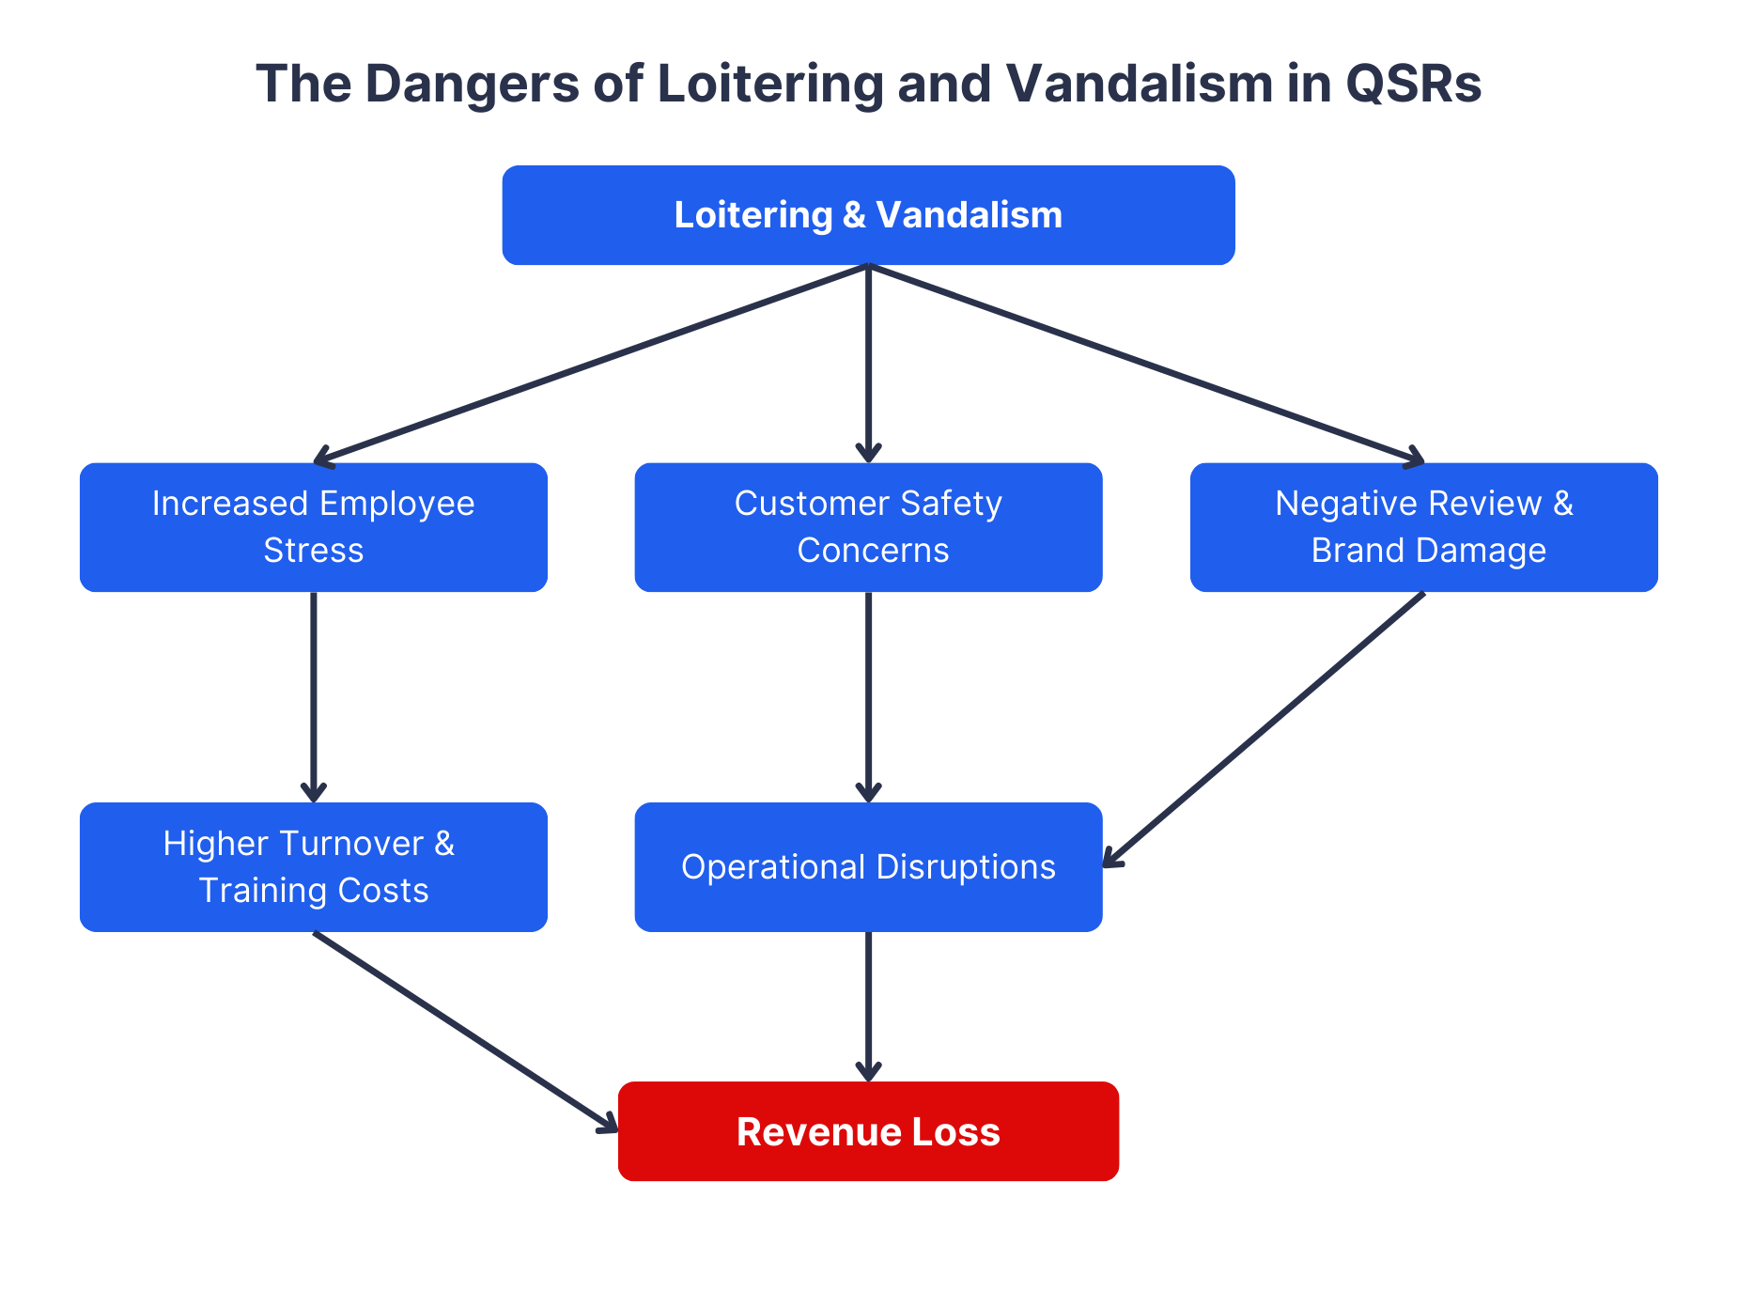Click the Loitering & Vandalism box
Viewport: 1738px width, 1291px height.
point(868,215)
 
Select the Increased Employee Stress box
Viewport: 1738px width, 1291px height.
point(313,527)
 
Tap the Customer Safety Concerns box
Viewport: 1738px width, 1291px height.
point(868,527)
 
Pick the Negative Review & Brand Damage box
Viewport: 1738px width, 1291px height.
point(1423,527)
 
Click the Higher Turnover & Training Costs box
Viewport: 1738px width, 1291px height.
point(313,866)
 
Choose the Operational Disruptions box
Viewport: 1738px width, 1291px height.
point(868,866)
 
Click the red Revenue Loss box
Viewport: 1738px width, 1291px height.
point(868,1131)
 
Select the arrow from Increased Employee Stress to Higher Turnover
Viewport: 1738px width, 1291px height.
point(313,695)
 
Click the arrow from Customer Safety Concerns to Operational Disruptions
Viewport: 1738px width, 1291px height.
point(868,695)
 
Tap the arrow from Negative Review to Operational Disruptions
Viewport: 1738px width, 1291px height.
point(1264,728)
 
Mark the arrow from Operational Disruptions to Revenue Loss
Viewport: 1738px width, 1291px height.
point(868,1005)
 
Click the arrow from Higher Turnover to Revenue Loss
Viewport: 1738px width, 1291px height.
point(465,1031)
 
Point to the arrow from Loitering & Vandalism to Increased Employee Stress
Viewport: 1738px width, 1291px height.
point(592,364)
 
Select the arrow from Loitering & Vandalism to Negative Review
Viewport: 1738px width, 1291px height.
point(1146,364)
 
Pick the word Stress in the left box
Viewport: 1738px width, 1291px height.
point(313,551)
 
